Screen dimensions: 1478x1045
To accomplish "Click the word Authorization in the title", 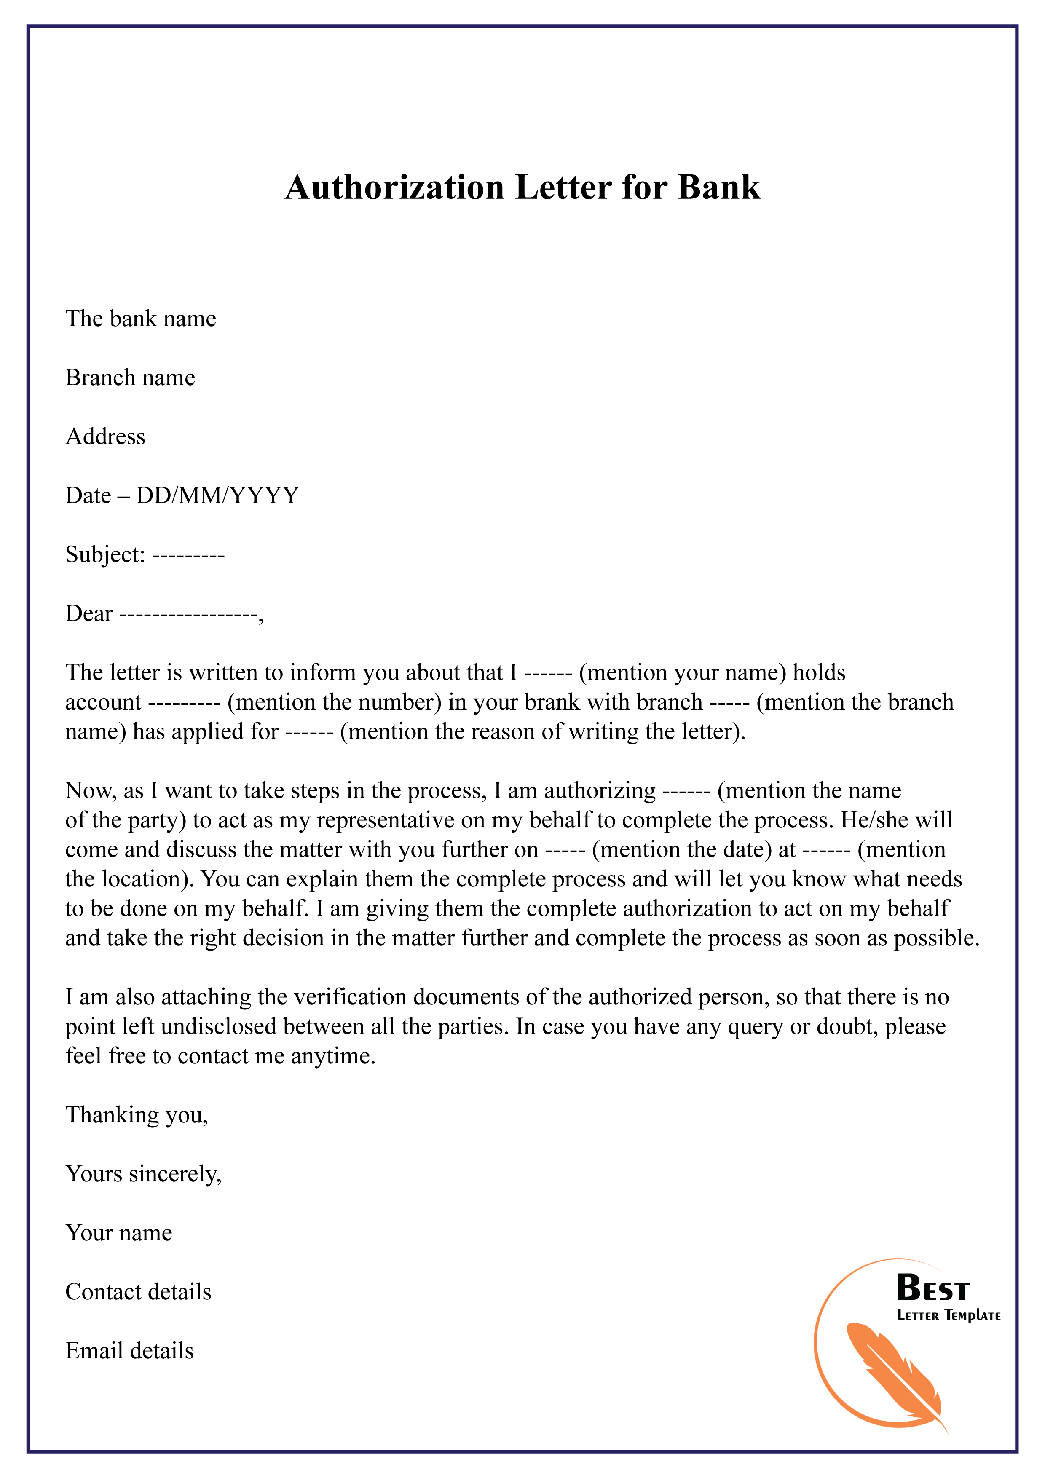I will [x=394, y=188].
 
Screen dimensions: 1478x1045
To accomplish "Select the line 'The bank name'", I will [x=140, y=319].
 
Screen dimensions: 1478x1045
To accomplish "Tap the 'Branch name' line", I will [x=130, y=378].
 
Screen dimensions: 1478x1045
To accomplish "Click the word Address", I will [x=106, y=436].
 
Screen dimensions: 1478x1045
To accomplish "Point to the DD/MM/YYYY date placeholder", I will [x=217, y=495].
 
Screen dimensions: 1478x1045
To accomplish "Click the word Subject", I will [x=105, y=555].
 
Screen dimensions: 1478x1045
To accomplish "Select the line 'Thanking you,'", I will [x=137, y=1115].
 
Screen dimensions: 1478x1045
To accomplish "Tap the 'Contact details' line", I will [x=139, y=1292].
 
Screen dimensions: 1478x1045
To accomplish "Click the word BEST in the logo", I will [x=932, y=1289].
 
